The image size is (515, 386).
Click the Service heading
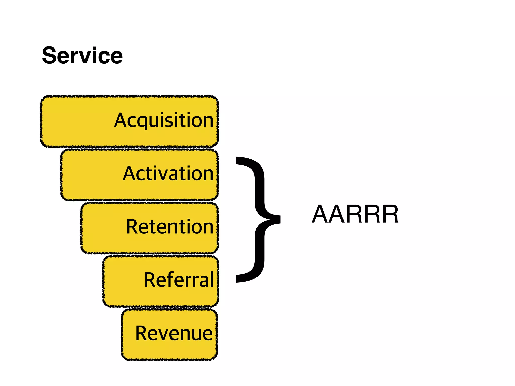(82, 56)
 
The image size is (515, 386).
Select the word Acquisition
(164, 121)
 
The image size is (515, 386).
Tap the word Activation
(168, 174)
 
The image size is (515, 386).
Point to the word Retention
(169, 227)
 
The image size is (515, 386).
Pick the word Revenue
(174, 333)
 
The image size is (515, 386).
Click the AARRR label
(355, 214)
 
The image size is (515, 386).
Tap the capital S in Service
(50, 56)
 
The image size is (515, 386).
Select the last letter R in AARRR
(390, 214)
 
